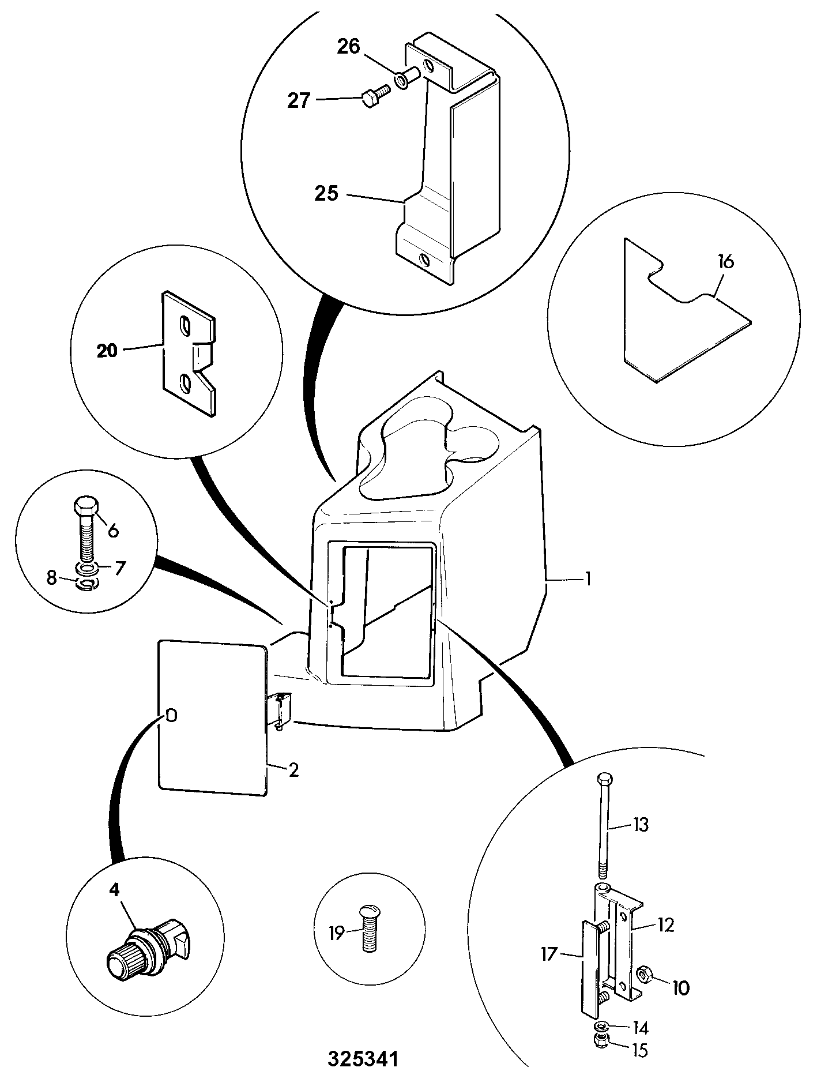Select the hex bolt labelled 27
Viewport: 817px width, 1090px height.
(375, 96)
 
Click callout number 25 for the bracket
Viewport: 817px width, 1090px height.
(326, 193)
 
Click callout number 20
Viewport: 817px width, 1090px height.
(107, 350)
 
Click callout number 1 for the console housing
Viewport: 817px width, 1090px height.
(587, 578)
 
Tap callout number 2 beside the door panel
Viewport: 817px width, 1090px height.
(293, 770)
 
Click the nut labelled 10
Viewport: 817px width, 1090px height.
(643, 974)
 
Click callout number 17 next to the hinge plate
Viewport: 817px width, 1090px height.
(550, 954)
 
